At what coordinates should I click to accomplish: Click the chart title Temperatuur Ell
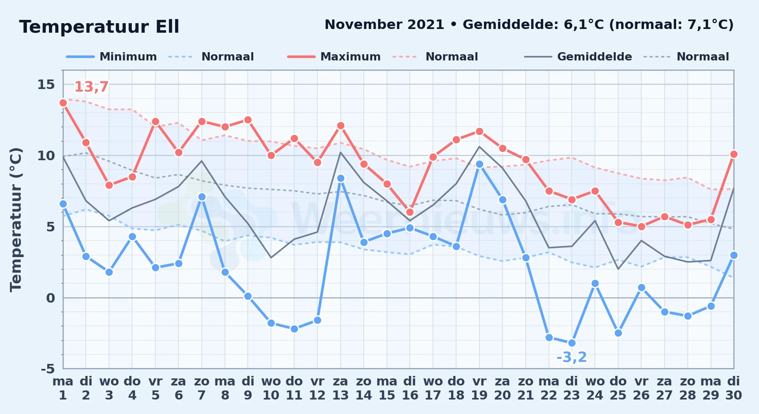coord(99,27)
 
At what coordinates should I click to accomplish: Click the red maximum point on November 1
coord(63,103)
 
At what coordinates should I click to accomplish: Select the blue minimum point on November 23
coord(572,343)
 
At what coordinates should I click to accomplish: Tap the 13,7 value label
coord(91,87)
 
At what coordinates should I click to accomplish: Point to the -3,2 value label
coord(572,357)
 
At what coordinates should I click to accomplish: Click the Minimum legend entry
coord(111,57)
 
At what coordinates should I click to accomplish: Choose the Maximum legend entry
coord(334,57)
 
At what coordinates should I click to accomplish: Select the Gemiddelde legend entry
coord(578,57)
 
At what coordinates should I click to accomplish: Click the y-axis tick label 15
coord(46,84)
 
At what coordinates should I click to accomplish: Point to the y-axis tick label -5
coord(48,368)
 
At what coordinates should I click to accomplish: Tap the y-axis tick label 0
coord(51,298)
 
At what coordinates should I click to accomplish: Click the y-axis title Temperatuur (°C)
coord(16,219)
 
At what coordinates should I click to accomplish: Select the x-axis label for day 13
coord(341,388)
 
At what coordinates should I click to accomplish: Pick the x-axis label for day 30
coord(734,388)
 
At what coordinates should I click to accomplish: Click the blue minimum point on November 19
coord(479,164)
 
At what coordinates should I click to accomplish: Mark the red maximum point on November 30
coord(734,154)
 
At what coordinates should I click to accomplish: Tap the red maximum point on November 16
coord(410,212)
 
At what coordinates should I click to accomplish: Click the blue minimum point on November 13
coord(341,178)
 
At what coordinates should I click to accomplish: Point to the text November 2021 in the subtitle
coord(384,25)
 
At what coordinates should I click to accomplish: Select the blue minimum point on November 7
coord(202,197)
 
